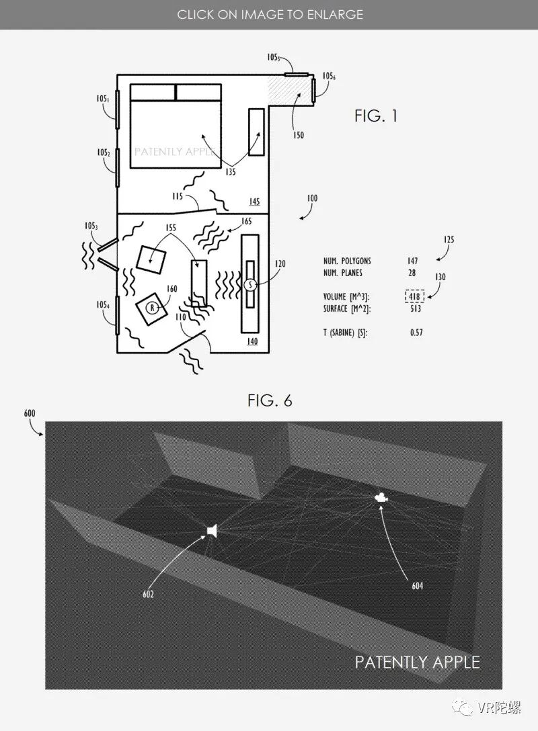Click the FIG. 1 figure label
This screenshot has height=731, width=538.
click(376, 116)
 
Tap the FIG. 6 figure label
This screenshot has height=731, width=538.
click(270, 401)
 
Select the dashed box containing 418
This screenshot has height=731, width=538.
click(414, 297)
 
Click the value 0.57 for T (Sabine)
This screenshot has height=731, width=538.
click(417, 333)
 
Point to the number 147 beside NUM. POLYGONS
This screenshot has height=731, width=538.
click(412, 261)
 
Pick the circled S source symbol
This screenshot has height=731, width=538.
click(249, 285)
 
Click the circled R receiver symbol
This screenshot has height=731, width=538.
click(152, 308)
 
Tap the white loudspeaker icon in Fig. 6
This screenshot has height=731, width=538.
click(213, 531)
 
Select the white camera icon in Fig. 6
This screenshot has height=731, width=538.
click(381, 498)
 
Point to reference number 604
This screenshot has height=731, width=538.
click(418, 585)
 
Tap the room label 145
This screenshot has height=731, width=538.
click(254, 202)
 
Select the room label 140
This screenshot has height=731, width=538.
click(252, 342)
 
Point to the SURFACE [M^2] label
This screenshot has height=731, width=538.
click(346, 309)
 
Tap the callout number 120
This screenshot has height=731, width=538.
click(280, 264)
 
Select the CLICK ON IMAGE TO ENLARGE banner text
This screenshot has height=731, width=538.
click(270, 14)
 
